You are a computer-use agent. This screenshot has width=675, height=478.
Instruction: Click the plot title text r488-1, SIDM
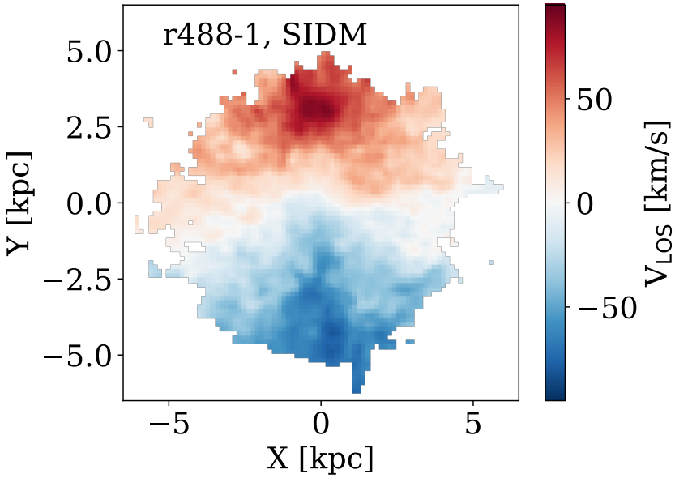pos(265,35)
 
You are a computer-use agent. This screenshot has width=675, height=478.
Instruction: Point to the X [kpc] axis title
pos(320,459)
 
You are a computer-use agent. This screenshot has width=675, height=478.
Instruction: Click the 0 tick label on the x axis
pos(321,425)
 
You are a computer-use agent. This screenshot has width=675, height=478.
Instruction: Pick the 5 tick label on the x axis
pos(473,425)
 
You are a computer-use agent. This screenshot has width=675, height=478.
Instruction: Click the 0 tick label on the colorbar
pos(583,203)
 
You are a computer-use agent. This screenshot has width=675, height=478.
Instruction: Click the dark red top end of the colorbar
pos(554,10)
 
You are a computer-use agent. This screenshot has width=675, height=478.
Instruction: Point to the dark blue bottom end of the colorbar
pos(554,395)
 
